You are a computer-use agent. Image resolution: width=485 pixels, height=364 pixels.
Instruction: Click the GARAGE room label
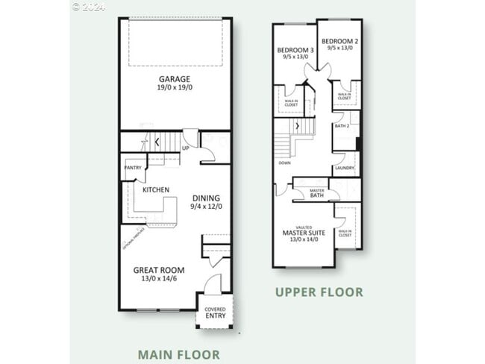(x=174, y=78)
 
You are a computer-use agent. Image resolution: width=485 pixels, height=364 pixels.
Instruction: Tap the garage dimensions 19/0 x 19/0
(x=174, y=88)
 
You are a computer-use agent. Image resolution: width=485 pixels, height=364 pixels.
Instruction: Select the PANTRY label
(x=134, y=167)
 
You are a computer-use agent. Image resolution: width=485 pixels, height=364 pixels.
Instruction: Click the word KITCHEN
(x=155, y=190)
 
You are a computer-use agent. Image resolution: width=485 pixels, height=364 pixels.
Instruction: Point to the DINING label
(x=206, y=198)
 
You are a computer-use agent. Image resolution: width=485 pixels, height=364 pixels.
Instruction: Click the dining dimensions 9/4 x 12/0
(x=206, y=207)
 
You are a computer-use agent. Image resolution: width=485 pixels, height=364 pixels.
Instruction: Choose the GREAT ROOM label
(x=159, y=270)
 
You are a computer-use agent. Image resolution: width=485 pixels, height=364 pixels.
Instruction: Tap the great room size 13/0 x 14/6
(x=159, y=279)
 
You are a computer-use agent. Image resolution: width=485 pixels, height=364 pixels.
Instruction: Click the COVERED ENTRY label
(x=215, y=312)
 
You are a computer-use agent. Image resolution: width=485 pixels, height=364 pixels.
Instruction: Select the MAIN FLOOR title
(x=179, y=355)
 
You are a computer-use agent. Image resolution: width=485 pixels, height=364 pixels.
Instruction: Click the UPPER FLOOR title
(x=319, y=292)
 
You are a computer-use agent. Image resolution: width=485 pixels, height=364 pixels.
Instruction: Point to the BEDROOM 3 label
(x=295, y=50)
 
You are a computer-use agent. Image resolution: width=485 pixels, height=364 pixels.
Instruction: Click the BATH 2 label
(x=342, y=126)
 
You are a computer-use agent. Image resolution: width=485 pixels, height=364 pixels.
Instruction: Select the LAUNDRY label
(x=344, y=168)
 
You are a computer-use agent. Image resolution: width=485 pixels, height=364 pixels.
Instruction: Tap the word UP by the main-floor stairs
(x=186, y=148)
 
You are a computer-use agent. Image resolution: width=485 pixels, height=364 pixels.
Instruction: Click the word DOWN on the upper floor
(x=284, y=163)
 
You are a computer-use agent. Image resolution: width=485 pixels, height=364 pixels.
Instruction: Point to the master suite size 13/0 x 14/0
(x=303, y=240)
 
